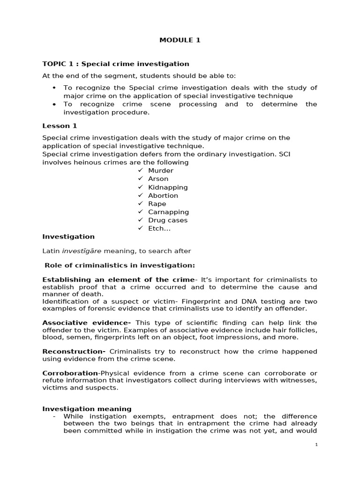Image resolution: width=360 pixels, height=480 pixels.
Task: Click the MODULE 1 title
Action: [x=180, y=40]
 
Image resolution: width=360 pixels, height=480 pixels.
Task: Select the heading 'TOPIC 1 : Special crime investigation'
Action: [x=116, y=64]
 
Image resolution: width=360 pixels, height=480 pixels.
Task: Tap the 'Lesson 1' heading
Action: [x=60, y=126]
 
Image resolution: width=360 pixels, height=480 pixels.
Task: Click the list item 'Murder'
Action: [x=160, y=171]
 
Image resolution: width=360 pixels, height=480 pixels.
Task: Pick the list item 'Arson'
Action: [x=158, y=179]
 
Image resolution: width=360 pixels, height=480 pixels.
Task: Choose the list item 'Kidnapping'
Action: [x=168, y=187]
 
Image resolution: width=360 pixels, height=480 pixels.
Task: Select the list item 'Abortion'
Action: [x=163, y=195]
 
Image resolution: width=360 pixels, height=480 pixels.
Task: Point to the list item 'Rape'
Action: [x=157, y=204]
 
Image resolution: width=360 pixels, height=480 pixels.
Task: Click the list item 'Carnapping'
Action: [x=168, y=212]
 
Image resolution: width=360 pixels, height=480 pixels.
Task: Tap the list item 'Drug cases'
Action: [x=167, y=220]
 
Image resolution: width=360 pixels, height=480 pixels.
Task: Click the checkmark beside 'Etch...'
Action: [x=140, y=228]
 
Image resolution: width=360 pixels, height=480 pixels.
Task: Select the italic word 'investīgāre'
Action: [x=82, y=251]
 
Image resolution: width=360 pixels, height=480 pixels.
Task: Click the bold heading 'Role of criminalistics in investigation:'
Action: [x=120, y=265]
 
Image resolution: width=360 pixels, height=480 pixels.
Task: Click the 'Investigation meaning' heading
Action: [x=87, y=409]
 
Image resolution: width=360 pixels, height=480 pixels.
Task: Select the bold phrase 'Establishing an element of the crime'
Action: [x=118, y=280]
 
